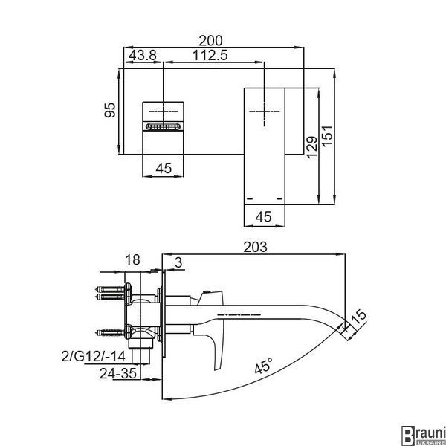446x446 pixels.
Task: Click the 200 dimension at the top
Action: pos(210,41)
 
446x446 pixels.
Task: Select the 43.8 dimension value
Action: pos(143,55)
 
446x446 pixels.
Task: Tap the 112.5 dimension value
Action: pos(210,55)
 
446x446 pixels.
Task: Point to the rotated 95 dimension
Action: pos(110,110)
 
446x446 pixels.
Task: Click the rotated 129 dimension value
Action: pos(311,146)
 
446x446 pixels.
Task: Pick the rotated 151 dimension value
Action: pos(327,136)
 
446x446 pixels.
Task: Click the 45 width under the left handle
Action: pos(164,168)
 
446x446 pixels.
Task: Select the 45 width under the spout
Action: pos(263,217)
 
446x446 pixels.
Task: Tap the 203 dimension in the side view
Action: pos(256,247)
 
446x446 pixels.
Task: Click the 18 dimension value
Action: pos(132,259)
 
